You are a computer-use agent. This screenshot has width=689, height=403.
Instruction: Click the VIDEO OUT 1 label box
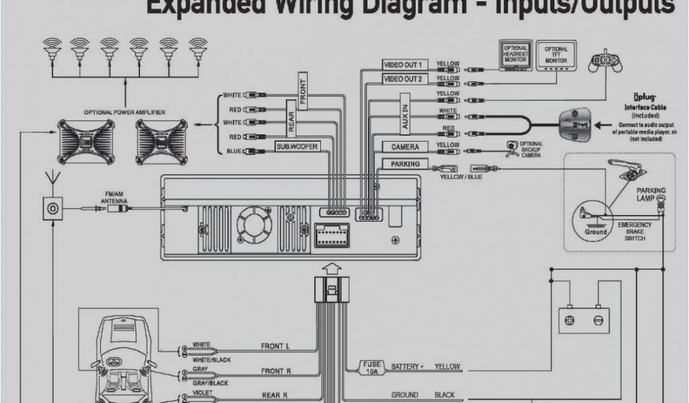coord(403,64)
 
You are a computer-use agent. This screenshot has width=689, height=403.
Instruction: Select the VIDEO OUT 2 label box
coord(403,79)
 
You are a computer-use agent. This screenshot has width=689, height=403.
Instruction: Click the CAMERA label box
coord(405,147)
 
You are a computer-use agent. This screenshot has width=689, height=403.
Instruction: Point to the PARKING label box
coord(405,164)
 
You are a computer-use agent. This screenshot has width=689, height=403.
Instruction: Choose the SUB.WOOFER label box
coord(297,146)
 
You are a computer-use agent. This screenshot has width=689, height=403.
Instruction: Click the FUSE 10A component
coord(372,367)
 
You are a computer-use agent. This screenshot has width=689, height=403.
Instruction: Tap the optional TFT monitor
coord(556,55)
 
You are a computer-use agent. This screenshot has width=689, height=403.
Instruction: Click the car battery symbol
coord(583,316)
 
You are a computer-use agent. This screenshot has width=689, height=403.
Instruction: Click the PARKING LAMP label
coord(651,194)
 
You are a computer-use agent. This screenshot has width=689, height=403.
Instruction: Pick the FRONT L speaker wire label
coord(275,347)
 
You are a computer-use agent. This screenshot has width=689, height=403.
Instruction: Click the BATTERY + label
coord(408,367)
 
